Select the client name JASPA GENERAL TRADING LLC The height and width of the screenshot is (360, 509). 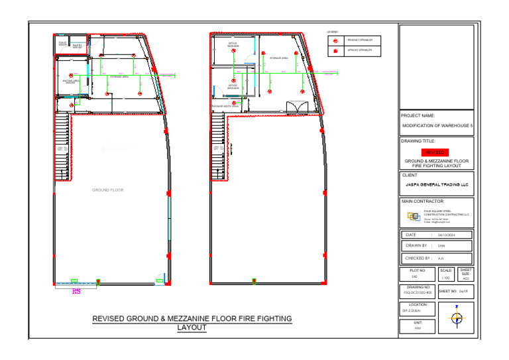click(x=436, y=185)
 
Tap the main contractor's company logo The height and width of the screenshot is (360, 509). click(x=414, y=215)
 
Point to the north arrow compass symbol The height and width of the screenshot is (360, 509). click(x=456, y=318)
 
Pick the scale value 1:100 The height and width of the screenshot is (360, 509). click(x=445, y=278)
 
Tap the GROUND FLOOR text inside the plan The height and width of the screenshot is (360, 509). click(x=107, y=190)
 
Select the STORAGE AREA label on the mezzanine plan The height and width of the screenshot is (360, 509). click(x=278, y=58)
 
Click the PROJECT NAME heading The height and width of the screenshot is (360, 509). click(x=418, y=115)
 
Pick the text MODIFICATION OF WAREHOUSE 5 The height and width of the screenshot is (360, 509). click(x=437, y=125)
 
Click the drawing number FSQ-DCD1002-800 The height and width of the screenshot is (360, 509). click(x=418, y=292)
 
